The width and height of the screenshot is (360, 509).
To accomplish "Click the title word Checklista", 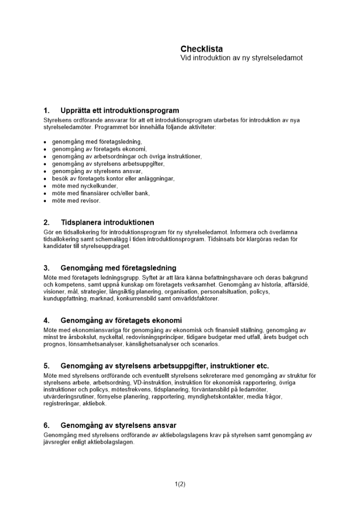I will [x=202, y=49].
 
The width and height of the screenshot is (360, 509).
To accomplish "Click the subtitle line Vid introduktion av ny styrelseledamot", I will [x=241, y=58].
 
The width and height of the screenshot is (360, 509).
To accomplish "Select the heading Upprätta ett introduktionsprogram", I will [x=120, y=110].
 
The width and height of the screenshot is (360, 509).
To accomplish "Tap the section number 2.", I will [x=46, y=222].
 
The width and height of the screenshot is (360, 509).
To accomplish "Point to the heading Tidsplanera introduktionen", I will [x=107, y=222].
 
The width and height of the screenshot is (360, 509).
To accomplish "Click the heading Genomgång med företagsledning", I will [x=119, y=268].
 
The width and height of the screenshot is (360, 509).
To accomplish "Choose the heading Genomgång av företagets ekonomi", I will [x=121, y=321].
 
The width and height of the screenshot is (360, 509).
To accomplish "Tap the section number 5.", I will [x=46, y=366].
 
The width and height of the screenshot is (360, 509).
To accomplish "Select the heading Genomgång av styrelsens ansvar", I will [x=119, y=425].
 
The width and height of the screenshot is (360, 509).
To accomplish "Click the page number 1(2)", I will [x=180, y=484].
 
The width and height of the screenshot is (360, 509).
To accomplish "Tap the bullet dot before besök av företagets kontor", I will [x=45, y=179].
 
